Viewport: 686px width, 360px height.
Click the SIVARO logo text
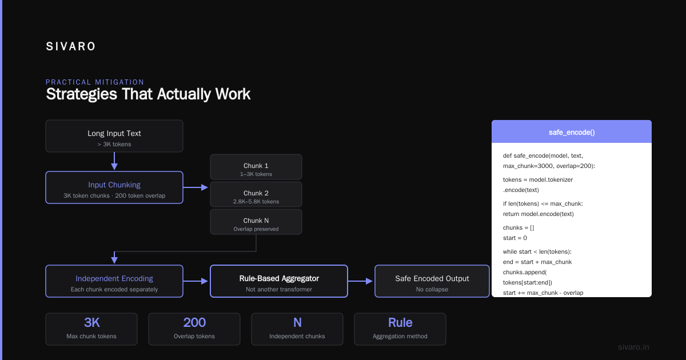(70, 46)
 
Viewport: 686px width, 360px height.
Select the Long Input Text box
(114, 136)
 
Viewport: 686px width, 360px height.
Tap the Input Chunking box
(114, 187)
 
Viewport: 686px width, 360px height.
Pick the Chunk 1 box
(256, 167)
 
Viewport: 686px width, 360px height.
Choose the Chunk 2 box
(256, 194)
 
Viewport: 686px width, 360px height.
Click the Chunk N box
(256, 222)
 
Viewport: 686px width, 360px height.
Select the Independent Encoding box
(114, 281)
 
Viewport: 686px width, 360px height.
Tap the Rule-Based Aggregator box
(279, 281)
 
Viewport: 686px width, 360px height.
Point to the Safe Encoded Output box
(432, 281)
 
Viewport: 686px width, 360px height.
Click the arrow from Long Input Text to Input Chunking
(114, 161)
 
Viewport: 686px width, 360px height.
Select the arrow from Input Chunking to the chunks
(196, 187)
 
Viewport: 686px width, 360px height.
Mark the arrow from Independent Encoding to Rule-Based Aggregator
(196, 281)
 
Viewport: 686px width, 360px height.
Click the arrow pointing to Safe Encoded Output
(361, 281)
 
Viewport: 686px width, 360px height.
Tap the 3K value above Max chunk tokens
(91, 323)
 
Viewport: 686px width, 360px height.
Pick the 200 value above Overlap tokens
(194, 323)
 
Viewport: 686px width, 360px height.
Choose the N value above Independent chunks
(297, 323)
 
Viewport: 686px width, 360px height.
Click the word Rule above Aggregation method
(400, 323)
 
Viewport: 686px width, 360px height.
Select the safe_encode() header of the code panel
(572, 131)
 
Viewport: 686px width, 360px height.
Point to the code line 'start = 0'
(515, 238)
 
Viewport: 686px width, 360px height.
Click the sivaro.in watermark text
(633, 347)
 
